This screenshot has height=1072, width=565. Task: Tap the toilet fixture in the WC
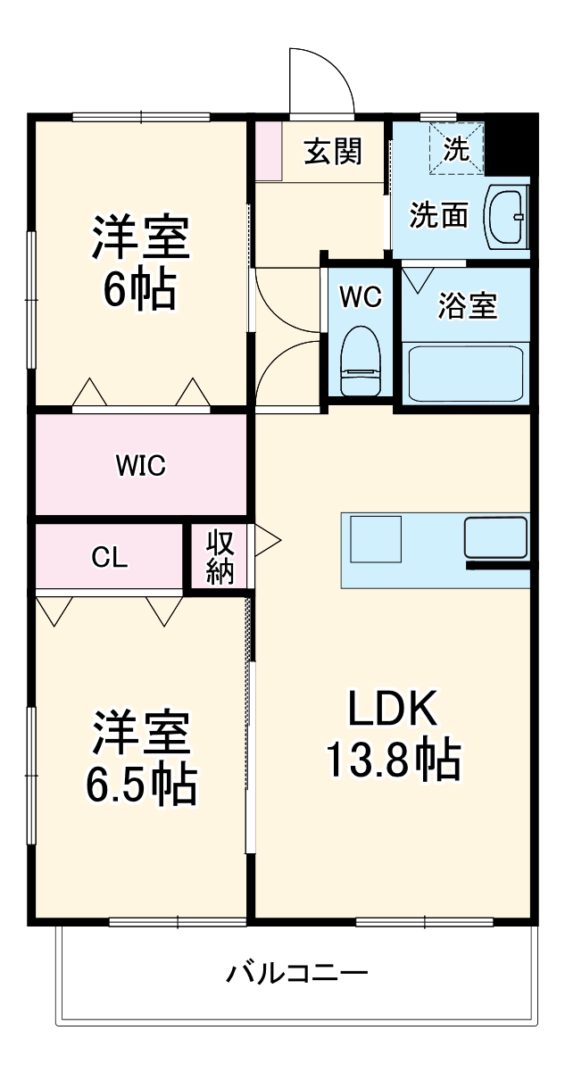pos(361,358)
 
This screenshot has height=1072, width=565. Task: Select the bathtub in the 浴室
pos(465,374)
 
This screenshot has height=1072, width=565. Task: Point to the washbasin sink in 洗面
pos(505,217)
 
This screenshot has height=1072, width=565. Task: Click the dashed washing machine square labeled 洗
pos(456,148)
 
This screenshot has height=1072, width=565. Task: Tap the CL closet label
pos(110,557)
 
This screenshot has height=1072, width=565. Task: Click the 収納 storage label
pos(220,556)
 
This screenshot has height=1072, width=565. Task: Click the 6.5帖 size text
pos(140,784)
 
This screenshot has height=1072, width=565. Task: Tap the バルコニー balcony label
pos(295,971)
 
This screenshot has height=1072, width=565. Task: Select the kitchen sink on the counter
pos(495,537)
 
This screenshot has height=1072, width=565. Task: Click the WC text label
pos(361,297)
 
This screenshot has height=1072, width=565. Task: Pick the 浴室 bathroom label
pos(467,306)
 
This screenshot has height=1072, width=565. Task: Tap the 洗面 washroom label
pos(439,214)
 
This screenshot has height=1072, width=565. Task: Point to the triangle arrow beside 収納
pos(267,539)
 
